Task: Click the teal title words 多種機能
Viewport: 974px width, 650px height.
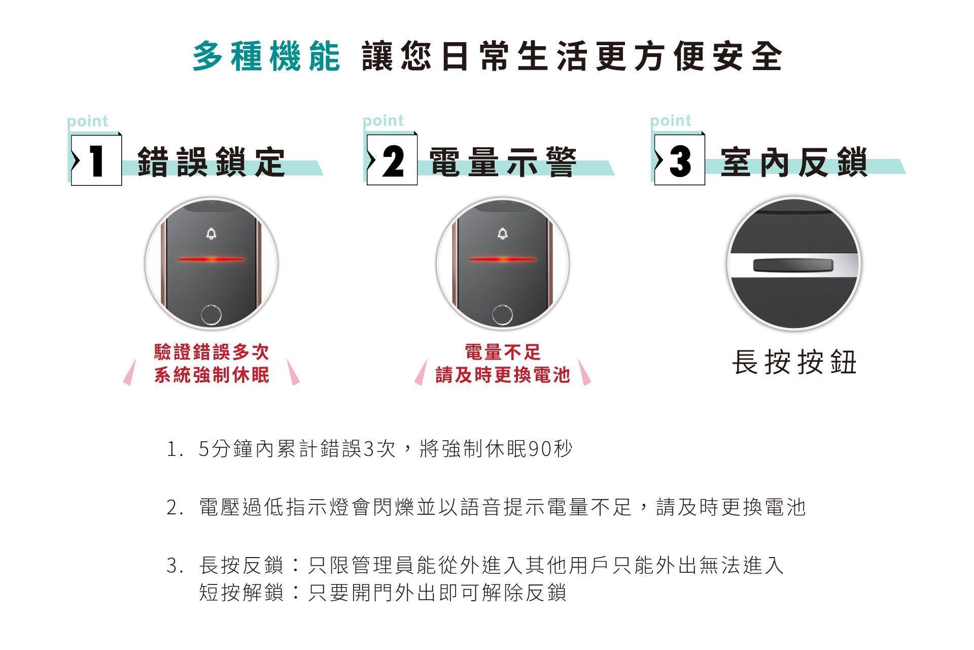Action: point(266,56)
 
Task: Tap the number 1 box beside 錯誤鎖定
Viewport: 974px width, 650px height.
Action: point(96,159)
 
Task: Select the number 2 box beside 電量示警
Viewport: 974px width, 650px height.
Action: point(392,159)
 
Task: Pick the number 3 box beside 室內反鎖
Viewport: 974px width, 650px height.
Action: point(679,159)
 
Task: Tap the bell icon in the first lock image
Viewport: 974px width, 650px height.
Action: point(211,234)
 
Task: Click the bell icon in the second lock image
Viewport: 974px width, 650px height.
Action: point(502,234)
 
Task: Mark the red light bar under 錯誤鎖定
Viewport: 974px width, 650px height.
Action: point(211,259)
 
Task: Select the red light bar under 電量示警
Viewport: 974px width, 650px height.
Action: point(502,259)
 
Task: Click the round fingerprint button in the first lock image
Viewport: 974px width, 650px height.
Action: point(211,315)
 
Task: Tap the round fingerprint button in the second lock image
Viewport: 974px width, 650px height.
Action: point(502,315)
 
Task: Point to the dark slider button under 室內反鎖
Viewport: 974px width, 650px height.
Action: point(794,265)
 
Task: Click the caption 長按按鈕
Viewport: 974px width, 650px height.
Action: point(794,363)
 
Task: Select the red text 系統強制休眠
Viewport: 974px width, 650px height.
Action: point(212,375)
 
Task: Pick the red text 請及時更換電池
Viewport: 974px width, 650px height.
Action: point(503,375)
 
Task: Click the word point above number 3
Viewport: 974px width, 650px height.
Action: point(671,120)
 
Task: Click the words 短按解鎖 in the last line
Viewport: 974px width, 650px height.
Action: point(241,592)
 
